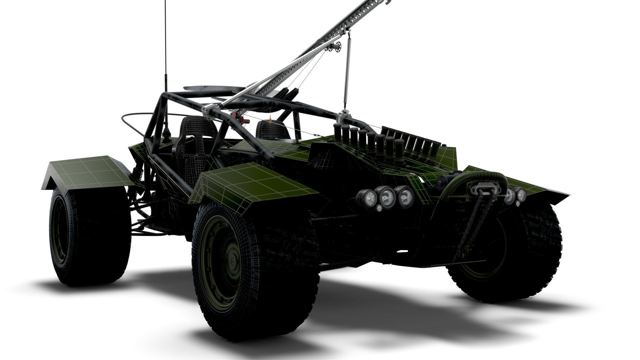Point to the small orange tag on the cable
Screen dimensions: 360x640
tap(270, 118)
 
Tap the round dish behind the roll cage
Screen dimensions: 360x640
tap(213, 88)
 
